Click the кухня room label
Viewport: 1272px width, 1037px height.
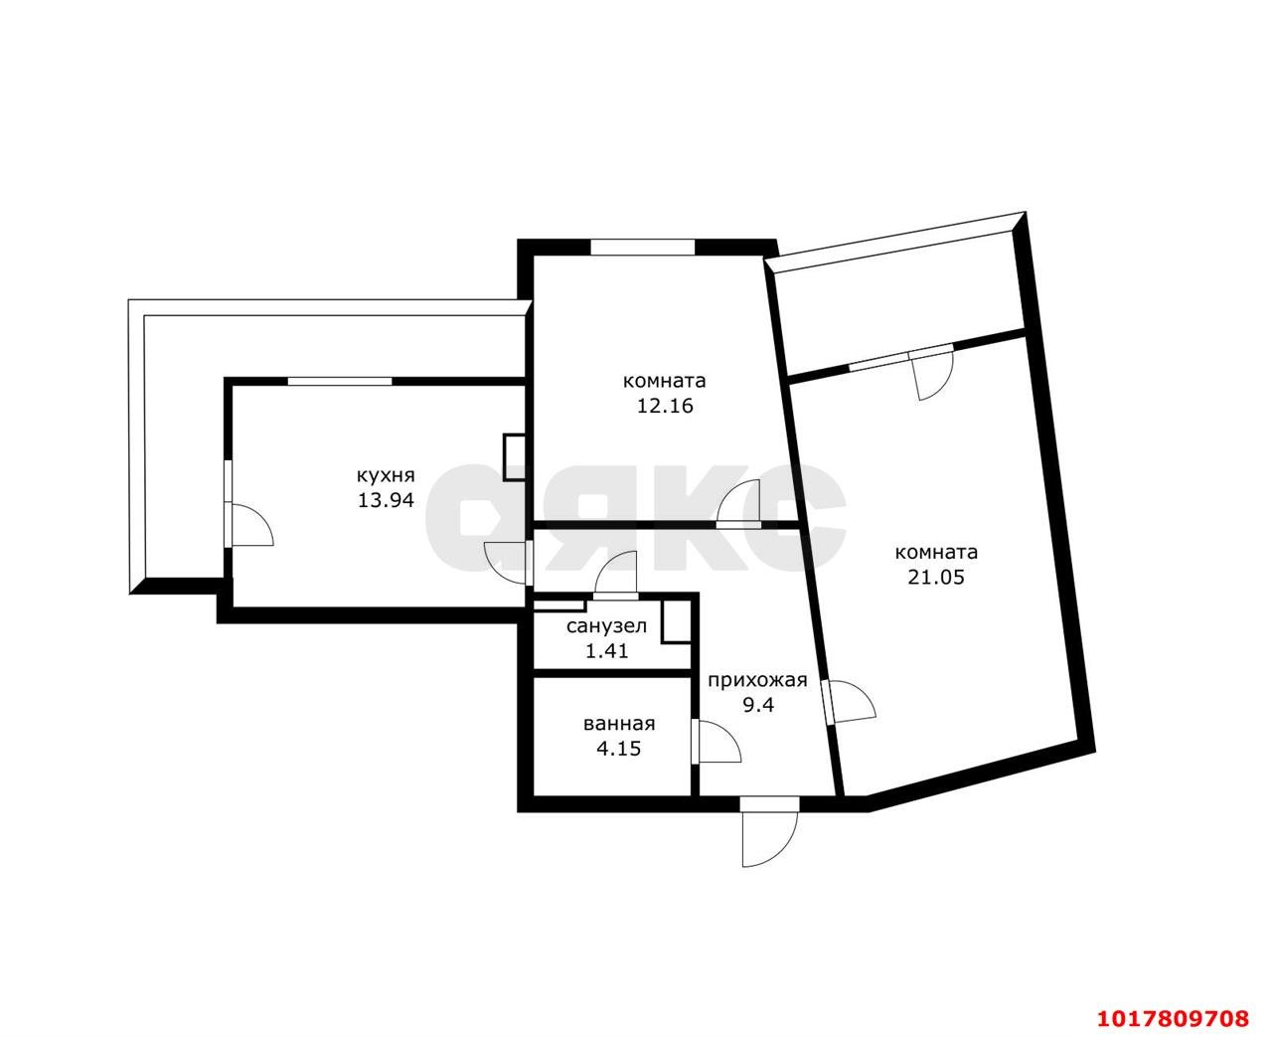pos(386,476)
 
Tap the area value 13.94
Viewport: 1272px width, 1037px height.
pos(386,500)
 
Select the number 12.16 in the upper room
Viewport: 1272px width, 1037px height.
pos(665,407)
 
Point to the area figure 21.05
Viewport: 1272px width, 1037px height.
pos(936,578)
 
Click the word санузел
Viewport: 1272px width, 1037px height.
pos(606,626)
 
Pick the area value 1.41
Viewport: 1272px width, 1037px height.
pos(606,650)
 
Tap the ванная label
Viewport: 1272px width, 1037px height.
pos(619,724)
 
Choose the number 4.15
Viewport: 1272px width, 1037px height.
pos(619,749)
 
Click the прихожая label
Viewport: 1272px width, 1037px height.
pos(757,680)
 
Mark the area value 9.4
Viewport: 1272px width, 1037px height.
pos(758,705)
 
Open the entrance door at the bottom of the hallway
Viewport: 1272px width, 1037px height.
pos(768,834)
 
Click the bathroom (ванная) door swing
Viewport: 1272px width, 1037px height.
pos(715,743)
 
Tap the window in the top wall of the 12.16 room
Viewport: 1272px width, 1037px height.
pos(643,247)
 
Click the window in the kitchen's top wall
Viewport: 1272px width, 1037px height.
pos(339,381)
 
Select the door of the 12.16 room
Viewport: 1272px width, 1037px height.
pos(738,504)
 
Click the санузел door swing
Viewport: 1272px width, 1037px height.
pos(615,576)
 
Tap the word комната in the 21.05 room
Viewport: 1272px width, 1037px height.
pos(936,552)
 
